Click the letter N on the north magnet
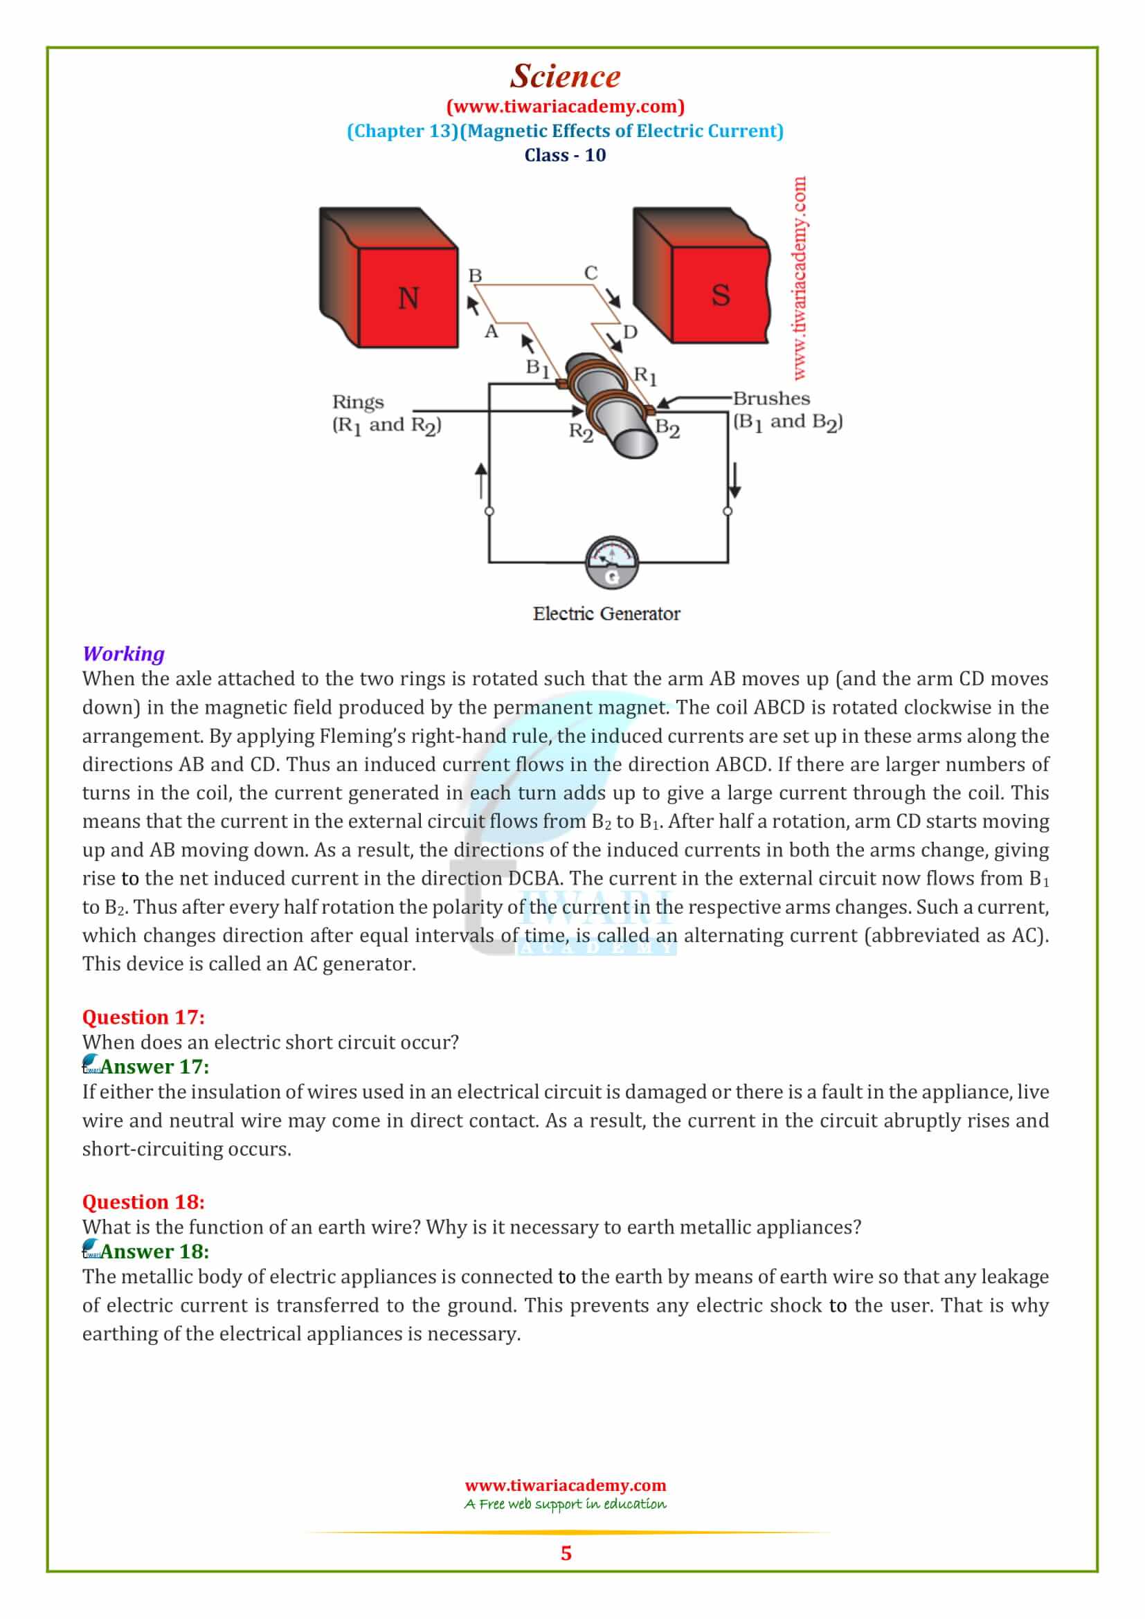[408, 298]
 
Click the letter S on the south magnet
[720, 295]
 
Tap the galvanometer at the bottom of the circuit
[611, 563]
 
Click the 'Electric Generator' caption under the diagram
[606, 613]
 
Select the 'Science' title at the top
[566, 76]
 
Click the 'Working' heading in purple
[123, 653]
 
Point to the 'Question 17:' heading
[143, 1017]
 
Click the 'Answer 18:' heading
[155, 1251]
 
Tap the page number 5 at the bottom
[566, 1553]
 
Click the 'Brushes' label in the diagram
[771, 399]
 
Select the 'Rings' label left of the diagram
[358, 402]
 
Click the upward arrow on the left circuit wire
[482, 480]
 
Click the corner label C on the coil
[590, 273]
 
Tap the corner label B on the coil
[475, 275]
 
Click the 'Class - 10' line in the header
[565, 155]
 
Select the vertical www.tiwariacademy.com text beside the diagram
[799, 278]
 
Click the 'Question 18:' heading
[143, 1202]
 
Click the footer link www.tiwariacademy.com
[566, 1485]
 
